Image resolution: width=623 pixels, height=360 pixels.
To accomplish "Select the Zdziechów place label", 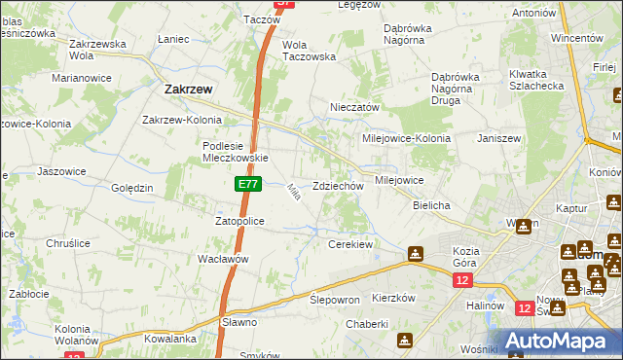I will click(338, 186).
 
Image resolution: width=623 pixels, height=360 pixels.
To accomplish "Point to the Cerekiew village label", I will click(350, 244).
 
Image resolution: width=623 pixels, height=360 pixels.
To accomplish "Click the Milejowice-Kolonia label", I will click(406, 138).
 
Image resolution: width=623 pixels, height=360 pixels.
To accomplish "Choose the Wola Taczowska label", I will click(309, 51).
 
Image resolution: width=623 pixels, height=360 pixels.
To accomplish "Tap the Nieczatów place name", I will click(354, 107).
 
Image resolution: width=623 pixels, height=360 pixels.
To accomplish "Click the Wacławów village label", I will click(225, 259).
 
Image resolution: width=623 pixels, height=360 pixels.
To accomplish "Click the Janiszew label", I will click(499, 138).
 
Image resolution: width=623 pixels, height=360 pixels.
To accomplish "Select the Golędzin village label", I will click(132, 187).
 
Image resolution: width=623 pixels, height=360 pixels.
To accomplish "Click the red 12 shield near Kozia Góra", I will click(460, 280).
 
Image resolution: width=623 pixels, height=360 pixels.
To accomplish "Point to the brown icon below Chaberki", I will click(403, 341).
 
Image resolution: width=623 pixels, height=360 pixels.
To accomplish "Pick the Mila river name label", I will click(292, 193).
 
